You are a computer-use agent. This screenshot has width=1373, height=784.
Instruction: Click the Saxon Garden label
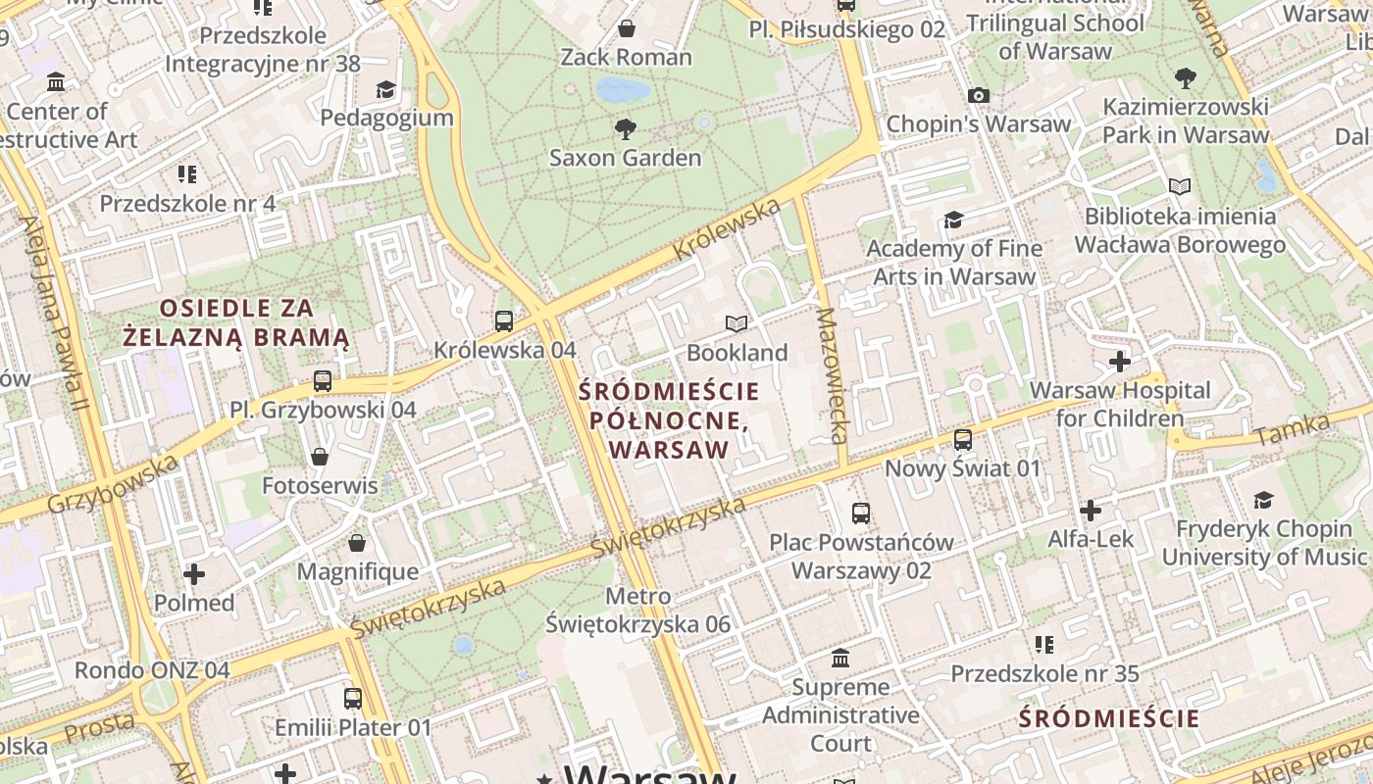point(625,158)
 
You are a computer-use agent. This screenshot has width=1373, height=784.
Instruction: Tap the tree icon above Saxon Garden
point(625,128)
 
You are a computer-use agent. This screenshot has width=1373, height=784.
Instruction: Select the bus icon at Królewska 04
point(504,320)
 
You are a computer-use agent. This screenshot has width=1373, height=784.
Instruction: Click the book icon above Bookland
point(737,323)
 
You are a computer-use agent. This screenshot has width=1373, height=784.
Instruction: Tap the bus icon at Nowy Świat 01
point(963,439)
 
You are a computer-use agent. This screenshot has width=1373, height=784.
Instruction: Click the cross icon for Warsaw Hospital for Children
point(1119,362)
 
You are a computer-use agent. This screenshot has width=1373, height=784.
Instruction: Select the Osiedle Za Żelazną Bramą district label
point(236,322)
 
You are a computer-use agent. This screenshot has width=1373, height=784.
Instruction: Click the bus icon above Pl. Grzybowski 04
point(323,380)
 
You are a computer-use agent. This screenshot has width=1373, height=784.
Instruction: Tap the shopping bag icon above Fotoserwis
point(320,456)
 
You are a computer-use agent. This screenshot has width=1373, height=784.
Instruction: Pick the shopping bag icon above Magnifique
point(357,542)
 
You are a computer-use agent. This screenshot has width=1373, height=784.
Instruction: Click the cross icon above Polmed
point(194,573)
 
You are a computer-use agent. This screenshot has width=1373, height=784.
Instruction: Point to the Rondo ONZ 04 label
point(152,670)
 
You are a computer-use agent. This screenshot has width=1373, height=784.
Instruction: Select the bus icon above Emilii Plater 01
point(353,699)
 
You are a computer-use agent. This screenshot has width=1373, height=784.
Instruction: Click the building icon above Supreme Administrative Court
point(840,658)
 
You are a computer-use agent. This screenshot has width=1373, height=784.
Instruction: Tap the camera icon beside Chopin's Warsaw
point(978,95)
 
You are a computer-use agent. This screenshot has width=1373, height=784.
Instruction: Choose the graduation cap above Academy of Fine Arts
point(953,220)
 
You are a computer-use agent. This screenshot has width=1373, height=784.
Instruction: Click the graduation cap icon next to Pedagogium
point(386,89)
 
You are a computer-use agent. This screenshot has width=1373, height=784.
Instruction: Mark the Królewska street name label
point(727,228)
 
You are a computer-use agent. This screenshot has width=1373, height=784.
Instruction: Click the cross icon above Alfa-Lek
point(1091,511)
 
